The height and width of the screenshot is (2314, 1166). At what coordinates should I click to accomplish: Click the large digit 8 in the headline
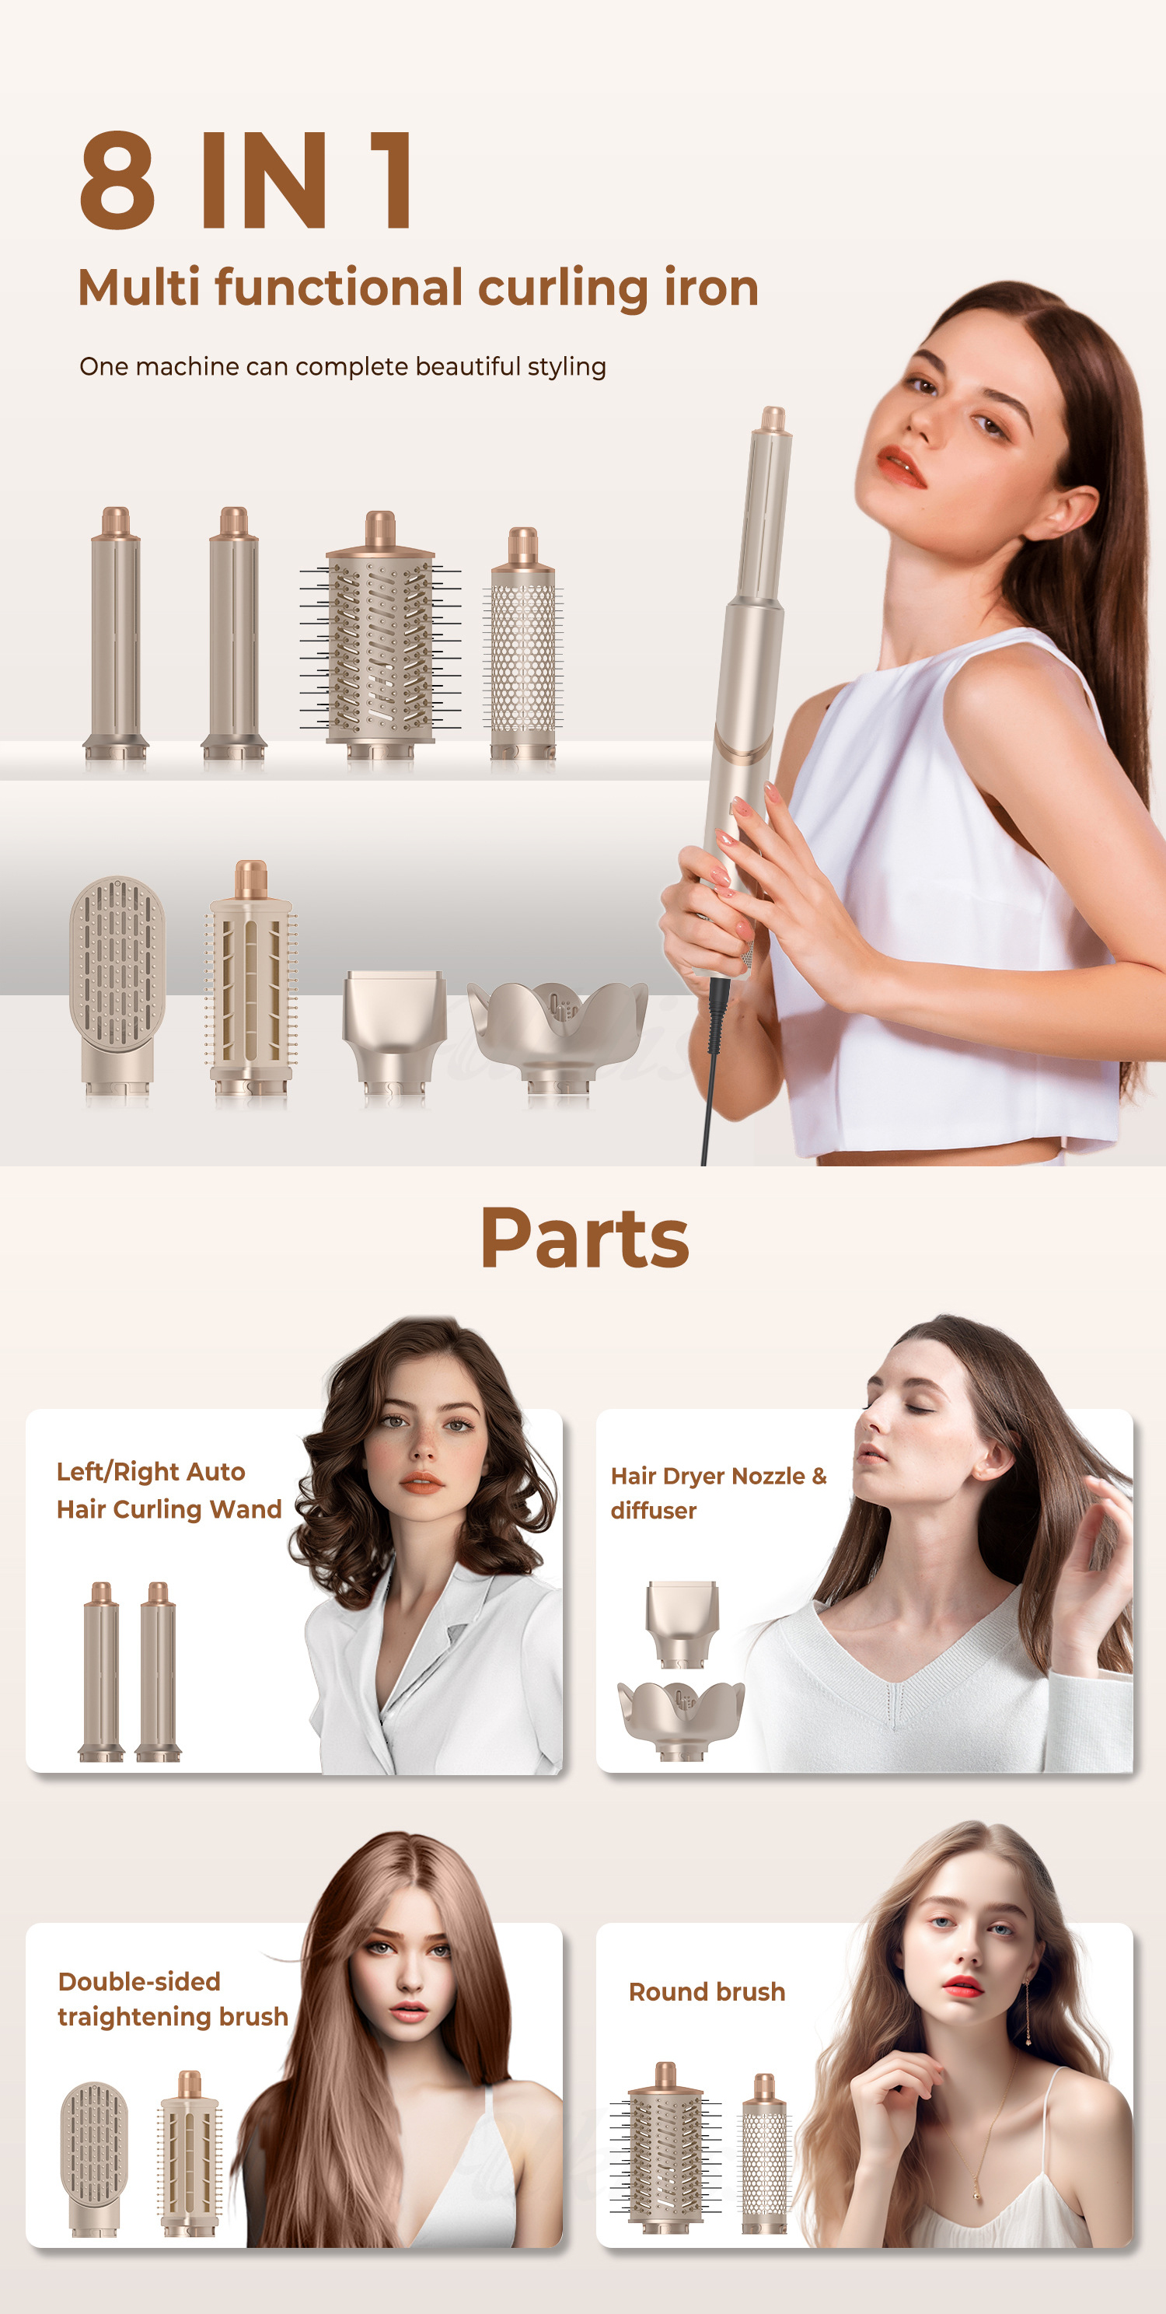117,179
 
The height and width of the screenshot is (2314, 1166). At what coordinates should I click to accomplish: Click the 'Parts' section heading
585,1239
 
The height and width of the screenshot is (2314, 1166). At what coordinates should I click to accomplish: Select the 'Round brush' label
707,1991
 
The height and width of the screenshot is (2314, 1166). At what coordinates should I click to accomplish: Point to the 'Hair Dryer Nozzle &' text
718,1476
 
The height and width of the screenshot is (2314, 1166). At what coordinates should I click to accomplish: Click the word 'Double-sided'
139,1982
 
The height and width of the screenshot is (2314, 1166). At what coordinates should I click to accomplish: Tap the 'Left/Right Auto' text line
151,1471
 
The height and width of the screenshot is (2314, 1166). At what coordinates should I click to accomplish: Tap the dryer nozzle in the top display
393,1024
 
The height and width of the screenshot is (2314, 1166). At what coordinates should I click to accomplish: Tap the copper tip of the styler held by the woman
773,418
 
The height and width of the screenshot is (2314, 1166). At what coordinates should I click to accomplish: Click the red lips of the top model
900,465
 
